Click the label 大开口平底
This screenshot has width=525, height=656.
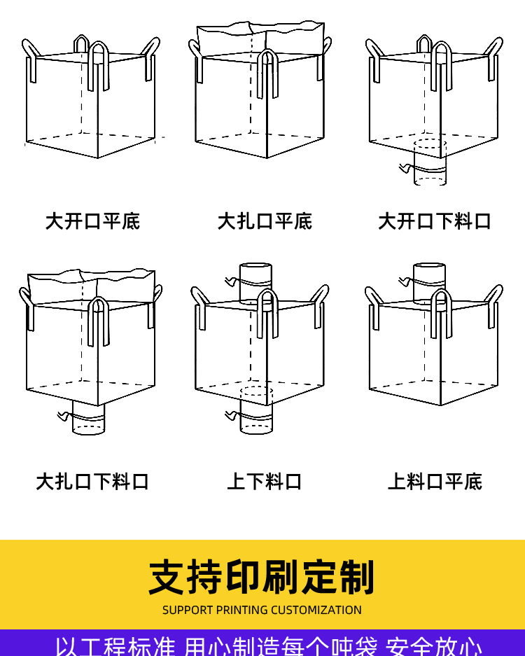(92, 221)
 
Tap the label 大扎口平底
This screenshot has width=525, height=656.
(265, 221)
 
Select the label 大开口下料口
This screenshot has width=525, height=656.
(435, 221)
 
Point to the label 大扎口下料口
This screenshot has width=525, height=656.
(92, 482)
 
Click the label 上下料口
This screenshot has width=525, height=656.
(265, 482)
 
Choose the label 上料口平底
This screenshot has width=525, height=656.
(435, 482)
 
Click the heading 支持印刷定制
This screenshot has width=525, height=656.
(262, 578)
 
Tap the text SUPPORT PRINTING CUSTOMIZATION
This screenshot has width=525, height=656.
(262, 610)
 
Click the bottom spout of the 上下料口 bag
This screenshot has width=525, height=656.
(256, 417)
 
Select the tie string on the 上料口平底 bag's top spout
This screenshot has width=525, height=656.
(405, 281)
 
